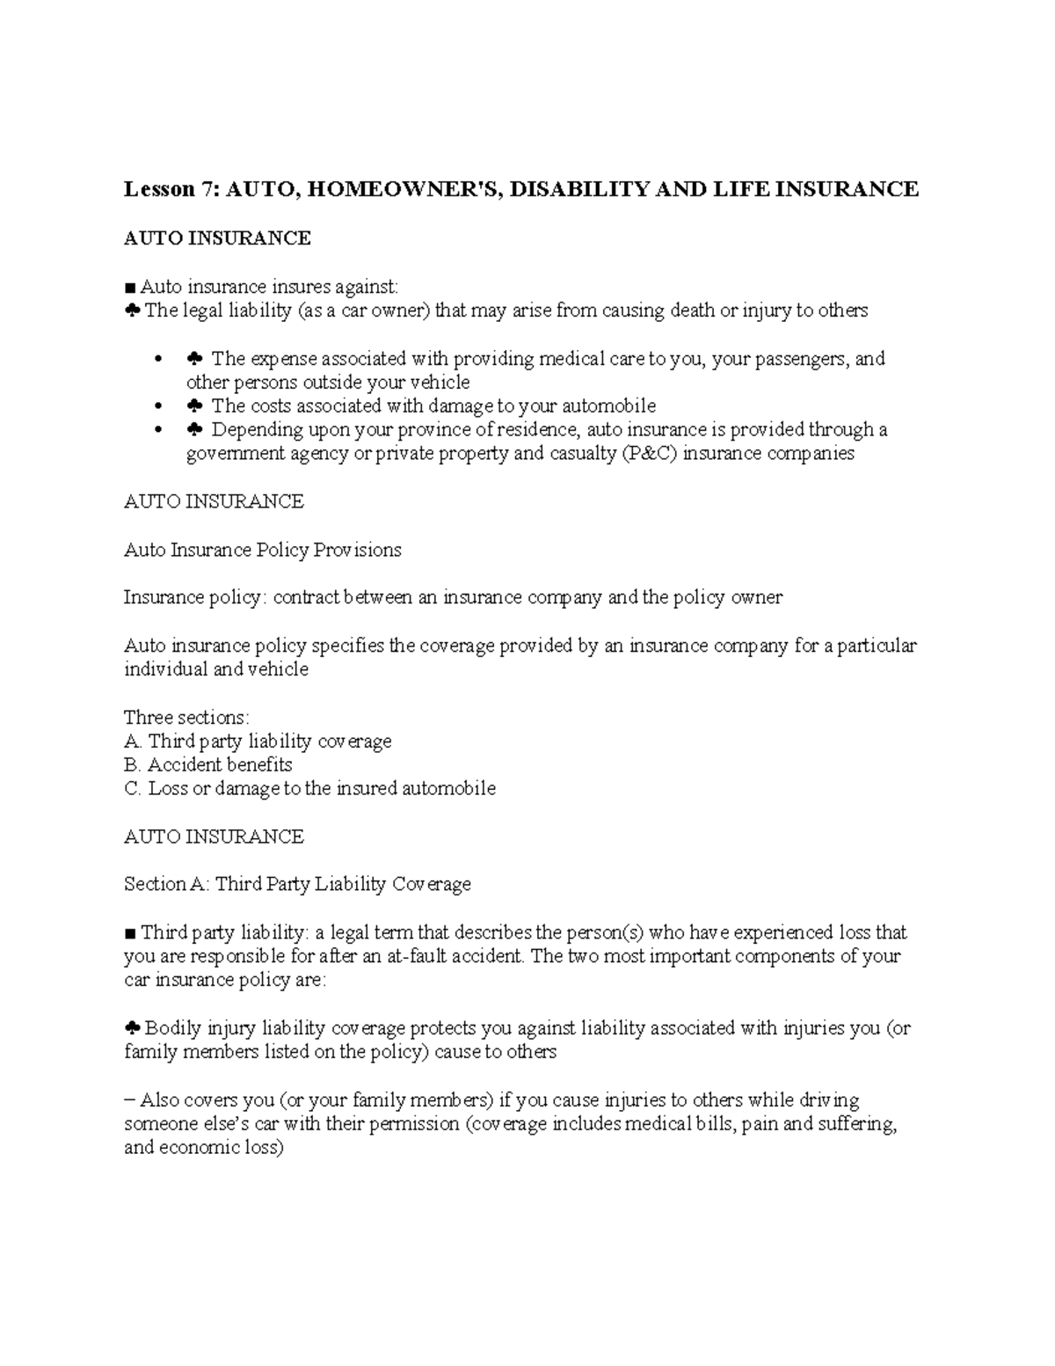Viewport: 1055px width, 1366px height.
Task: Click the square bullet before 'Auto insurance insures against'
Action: pyautogui.click(x=130, y=287)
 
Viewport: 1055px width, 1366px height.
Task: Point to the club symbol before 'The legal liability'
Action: pyautogui.click(x=132, y=310)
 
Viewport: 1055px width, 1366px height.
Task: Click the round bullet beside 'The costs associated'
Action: pyautogui.click(x=158, y=406)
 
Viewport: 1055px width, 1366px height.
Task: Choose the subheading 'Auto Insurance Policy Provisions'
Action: pyautogui.click(x=262, y=550)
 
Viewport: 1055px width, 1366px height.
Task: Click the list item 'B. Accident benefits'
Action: pyautogui.click(x=208, y=765)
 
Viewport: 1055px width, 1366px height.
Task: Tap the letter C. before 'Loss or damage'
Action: pyautogui.click(x=133, y=789)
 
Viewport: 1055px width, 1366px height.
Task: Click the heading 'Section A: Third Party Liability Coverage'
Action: pyautogui.click(x=297, y=884)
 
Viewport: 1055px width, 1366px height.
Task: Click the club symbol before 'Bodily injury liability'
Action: pyautogui.click(x=132, y=1028)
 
